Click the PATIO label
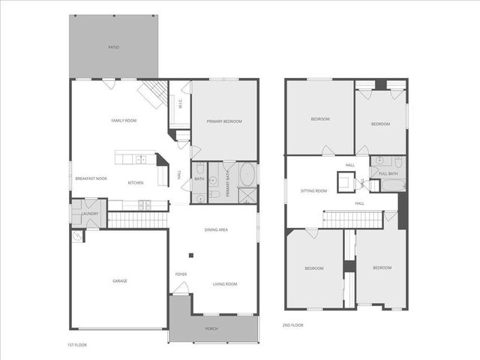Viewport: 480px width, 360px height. tap(114, 47)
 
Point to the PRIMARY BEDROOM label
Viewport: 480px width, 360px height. tap(224, 121)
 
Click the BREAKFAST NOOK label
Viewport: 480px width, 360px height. tap(91, 178)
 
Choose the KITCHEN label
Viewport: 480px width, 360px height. tap(136, 183)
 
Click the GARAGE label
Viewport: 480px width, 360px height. tap(120, 281)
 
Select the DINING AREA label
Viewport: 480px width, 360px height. tap(216, 229)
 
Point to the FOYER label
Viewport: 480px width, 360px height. tap(181, 274)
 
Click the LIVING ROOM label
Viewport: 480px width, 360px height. tap(225, 283)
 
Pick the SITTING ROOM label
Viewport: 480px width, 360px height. tap(314, 191)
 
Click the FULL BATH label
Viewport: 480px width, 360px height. tap(388, 174)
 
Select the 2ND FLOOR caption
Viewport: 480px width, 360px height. tap(292, 325)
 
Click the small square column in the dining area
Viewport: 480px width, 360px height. tap(191, 256)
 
